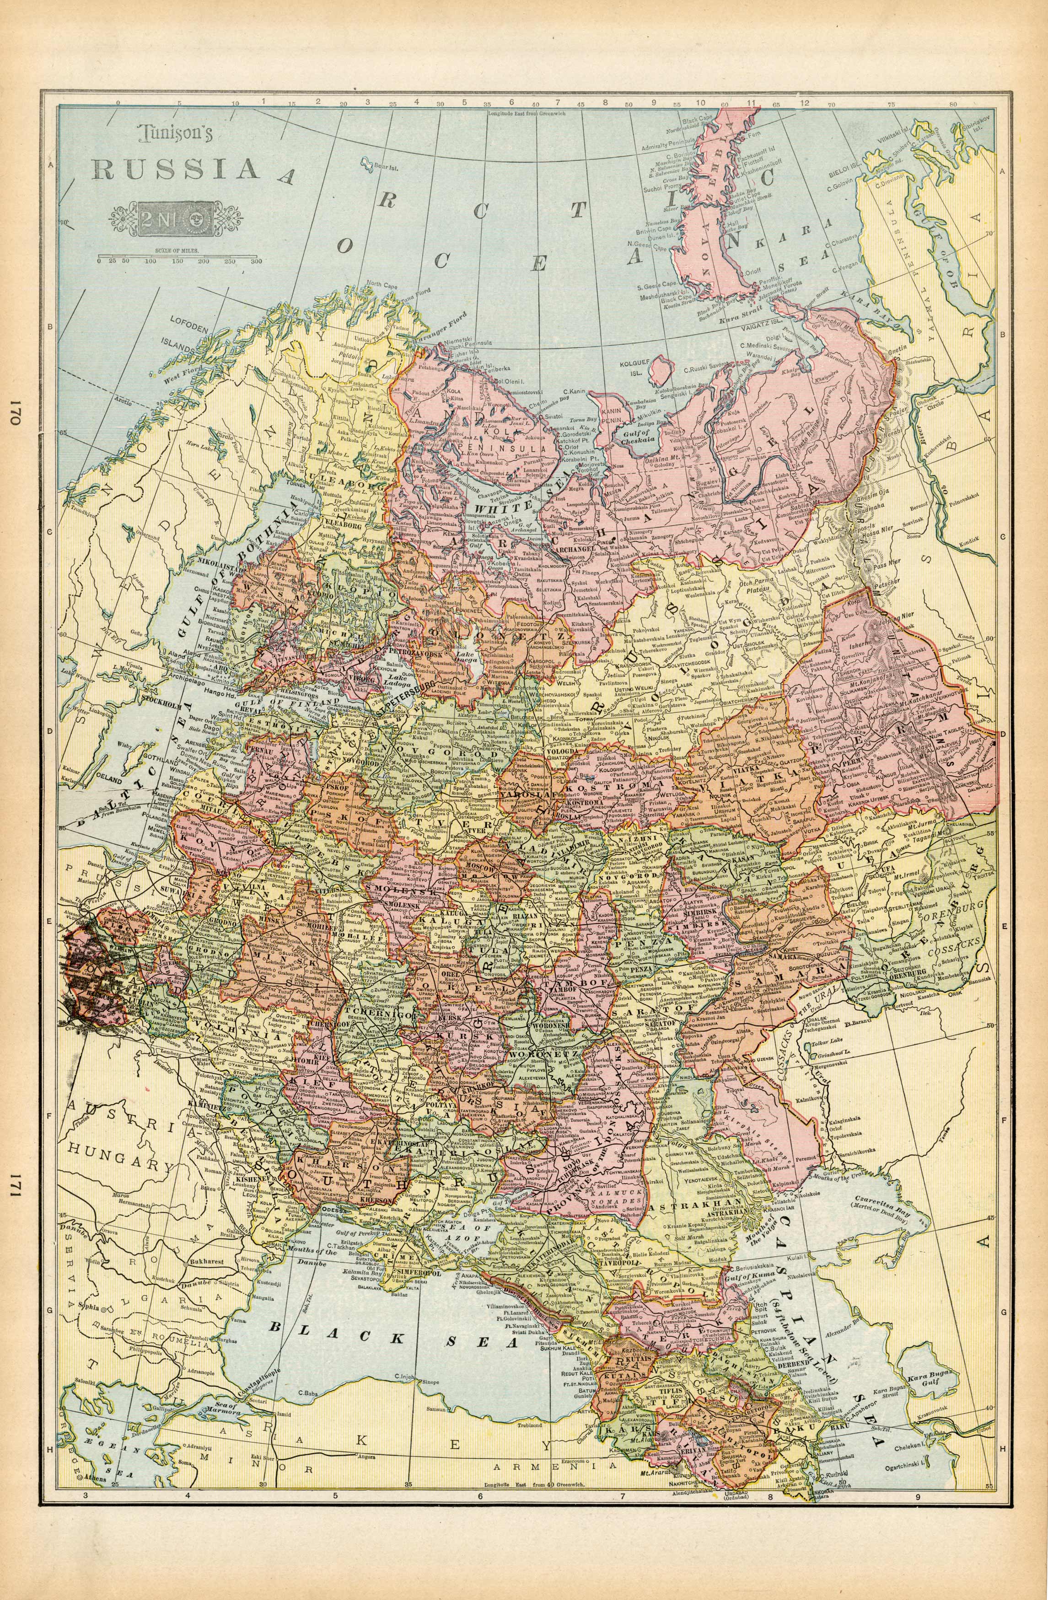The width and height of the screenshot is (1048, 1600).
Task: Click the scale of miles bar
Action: (x=179, y=256)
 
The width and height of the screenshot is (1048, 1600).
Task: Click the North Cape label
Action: (x=382, y=284)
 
